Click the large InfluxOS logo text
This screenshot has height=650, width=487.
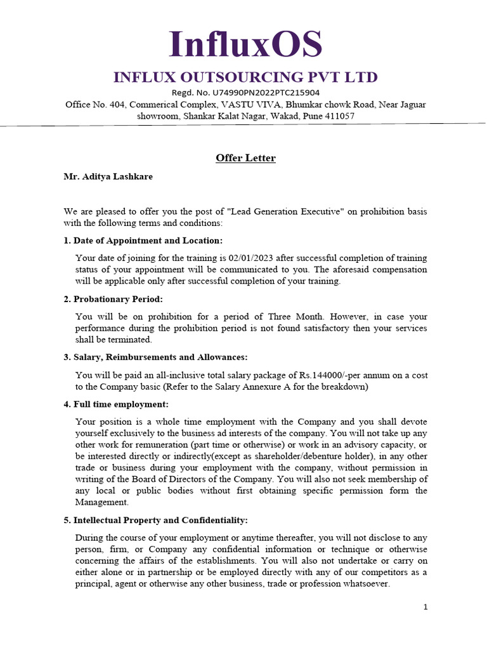tap(245, 45)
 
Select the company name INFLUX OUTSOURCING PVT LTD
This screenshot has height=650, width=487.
tap(245, 77)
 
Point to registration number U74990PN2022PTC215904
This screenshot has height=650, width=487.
tap(266, 93)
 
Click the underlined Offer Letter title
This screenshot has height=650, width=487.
tap(245, 158)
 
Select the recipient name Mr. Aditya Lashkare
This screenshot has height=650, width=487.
tap(108, 176)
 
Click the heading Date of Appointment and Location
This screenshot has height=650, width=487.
tap(148, 241)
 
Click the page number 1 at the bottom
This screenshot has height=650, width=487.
tap(425, 607)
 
